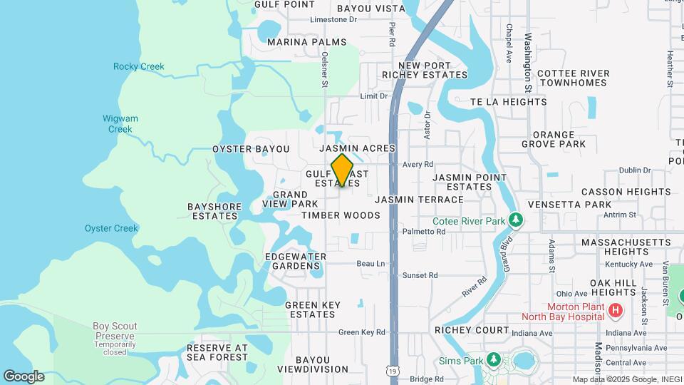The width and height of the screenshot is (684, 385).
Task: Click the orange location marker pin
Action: (343, 170)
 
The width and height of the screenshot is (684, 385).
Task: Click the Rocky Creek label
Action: (138, 67)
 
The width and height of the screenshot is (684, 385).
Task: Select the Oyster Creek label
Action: (110, 228)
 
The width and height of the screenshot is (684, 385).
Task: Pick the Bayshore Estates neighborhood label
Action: (214, 211)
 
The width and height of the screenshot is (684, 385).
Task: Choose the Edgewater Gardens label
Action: (295, 261)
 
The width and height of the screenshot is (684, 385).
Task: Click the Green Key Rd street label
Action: (361, 332)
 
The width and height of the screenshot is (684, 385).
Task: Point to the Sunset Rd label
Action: (420, 275)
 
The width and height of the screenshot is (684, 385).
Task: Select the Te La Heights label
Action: (508, 102)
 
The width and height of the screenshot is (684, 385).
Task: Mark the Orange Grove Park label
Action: (564, 139)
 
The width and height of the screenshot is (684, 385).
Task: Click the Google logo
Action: (24, 376)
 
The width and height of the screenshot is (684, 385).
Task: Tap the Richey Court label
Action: (472, 331)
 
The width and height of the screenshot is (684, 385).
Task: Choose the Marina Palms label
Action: (306, 42)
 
